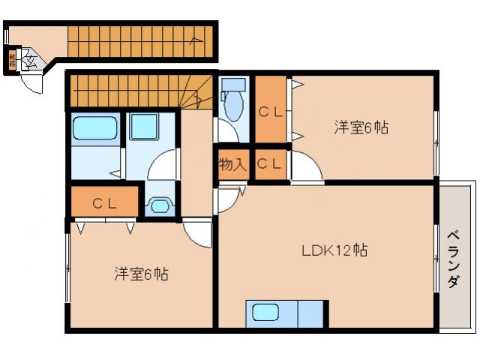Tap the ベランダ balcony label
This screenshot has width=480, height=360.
tap(454, 259)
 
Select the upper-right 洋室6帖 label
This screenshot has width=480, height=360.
tap(361, 127)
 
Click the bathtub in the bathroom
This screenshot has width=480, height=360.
tap(95, 128)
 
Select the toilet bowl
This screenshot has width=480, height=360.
tap(233, 105)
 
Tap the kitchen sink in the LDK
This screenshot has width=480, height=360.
tap(265, 313)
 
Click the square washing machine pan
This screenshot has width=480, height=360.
tap(142, 126)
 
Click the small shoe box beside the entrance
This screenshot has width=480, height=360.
tap(12, 59)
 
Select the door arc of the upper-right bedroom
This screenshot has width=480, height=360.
tap(307, 166)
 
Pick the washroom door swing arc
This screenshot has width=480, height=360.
tap(164, 164)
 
